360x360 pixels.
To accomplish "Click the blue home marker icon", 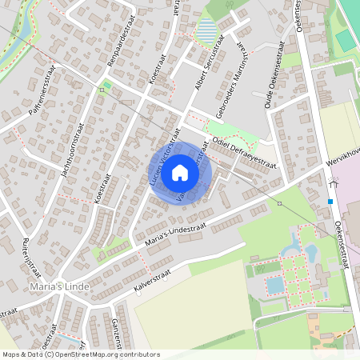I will (x=180, y=172).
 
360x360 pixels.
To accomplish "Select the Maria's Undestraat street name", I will (x=176, y=233).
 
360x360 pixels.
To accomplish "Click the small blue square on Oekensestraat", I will (x=330, y=202).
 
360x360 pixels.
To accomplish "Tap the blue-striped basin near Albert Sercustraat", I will (x=207, y=32).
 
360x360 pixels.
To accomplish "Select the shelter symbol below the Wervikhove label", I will (x=332, y=183).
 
